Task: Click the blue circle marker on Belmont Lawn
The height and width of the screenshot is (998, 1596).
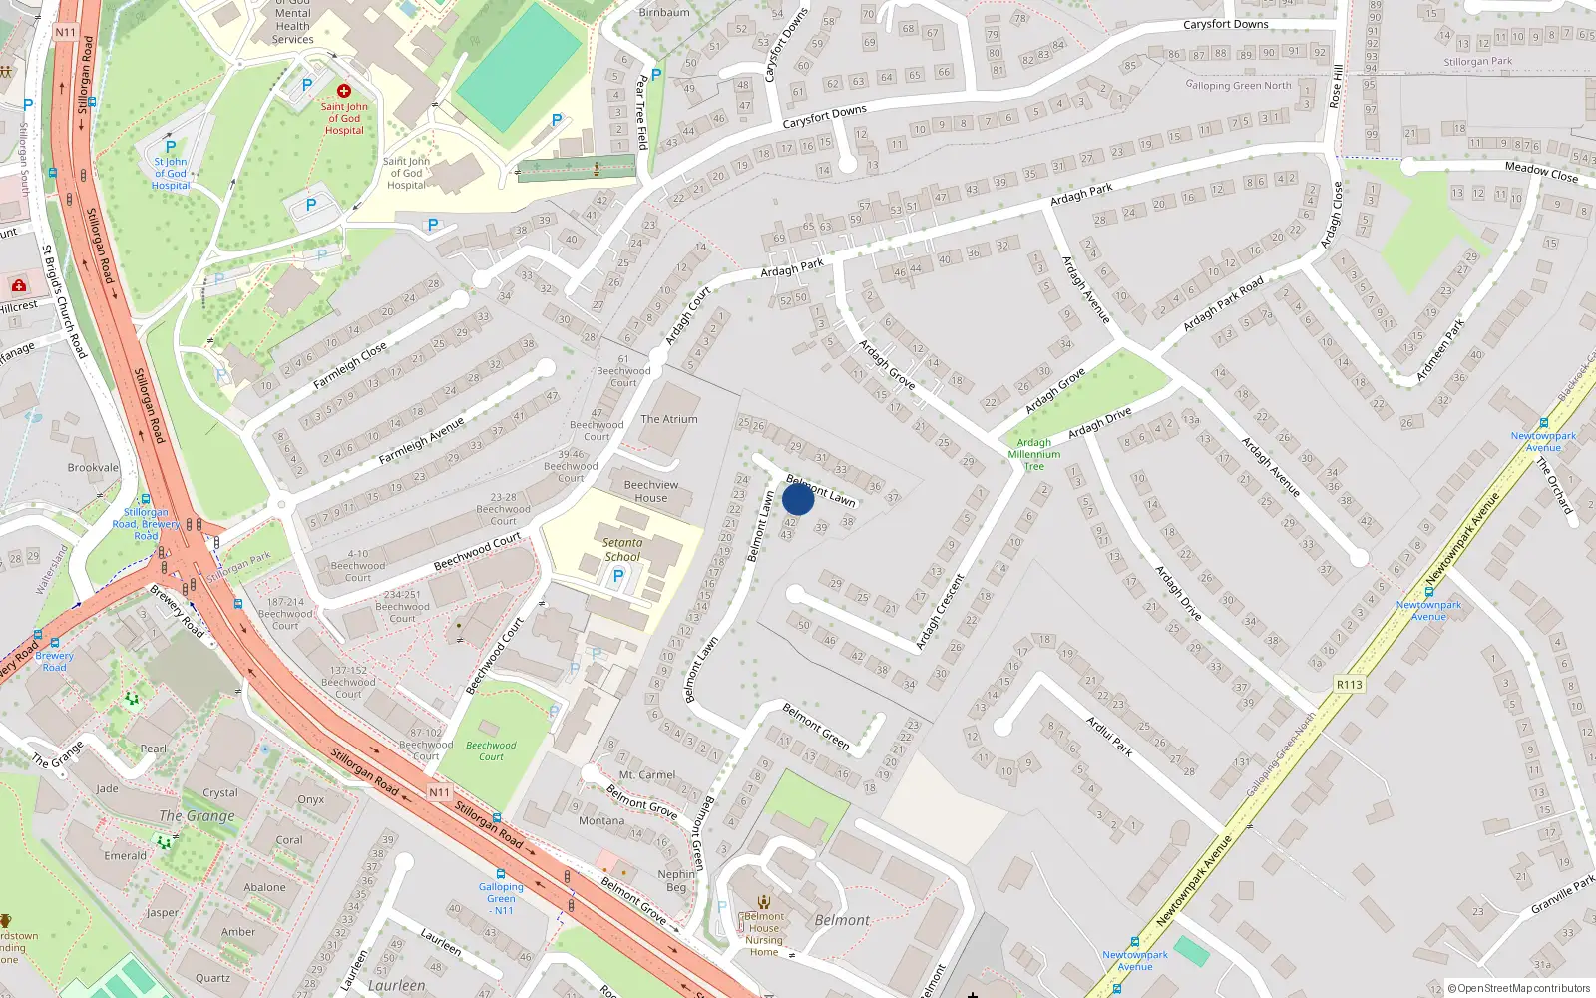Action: click(798, 498)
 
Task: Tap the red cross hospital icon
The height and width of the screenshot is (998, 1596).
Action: click(344, 90)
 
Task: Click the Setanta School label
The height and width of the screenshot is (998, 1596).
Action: click(622, 550)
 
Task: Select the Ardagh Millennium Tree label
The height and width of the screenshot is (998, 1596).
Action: click(1034, 454)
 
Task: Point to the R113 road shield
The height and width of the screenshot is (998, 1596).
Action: click(1349, 684)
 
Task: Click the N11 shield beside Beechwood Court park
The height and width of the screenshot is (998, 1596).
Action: click(439, 791)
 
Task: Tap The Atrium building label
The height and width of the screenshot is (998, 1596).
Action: click(669, 419)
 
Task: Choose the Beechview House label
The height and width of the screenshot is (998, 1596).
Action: click(651, 491)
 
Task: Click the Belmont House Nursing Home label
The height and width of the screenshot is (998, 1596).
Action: click(764, 934)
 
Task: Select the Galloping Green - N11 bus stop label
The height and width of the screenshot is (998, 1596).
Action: click(501, 898)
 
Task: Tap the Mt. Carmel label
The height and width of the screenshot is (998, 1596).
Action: click(647, 774)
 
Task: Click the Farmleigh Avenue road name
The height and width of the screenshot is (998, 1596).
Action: click(421, 441)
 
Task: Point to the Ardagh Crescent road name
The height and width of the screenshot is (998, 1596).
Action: click(941, 611)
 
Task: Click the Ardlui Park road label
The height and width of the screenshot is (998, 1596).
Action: click(1109, 736)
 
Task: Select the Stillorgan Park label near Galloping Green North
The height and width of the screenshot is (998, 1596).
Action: click(1477, 62)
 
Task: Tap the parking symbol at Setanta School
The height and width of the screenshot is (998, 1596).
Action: click(618, 576)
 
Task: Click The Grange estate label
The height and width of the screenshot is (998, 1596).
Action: click(198, 815)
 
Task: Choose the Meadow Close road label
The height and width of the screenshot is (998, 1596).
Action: click(1541, 172)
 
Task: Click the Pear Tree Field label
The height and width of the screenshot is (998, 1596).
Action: click(643, 110)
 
